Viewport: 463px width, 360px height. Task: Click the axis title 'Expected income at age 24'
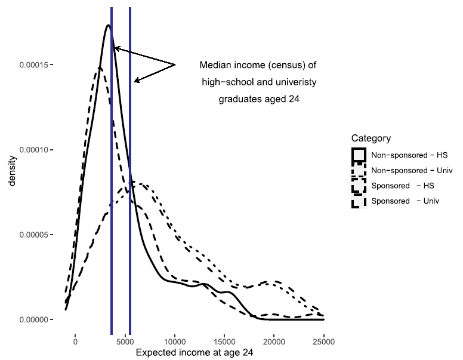[195, 353]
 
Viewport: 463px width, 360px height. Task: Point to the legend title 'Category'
[371, 139]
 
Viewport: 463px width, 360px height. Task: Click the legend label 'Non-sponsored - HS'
[409, 155]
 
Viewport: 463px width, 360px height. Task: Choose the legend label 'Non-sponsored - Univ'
[411, 170]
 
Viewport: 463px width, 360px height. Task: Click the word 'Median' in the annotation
[215, 64]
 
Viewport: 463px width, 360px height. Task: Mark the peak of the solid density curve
[108, 25]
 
